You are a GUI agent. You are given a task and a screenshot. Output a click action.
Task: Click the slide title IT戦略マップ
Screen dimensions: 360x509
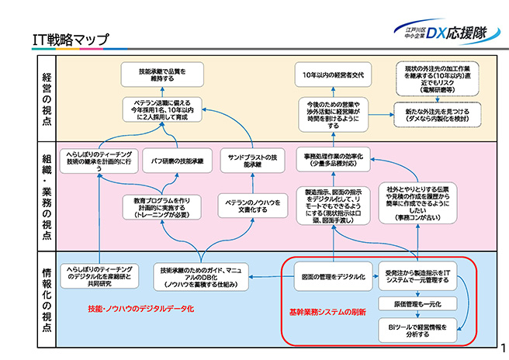71,39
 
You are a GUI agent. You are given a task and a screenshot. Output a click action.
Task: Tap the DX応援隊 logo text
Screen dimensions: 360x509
459,33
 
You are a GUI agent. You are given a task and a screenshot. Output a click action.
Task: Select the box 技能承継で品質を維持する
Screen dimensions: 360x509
164,75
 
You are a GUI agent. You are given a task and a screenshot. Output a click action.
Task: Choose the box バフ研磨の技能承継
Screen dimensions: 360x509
177,161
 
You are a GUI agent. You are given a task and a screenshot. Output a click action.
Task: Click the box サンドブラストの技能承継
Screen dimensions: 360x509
252,161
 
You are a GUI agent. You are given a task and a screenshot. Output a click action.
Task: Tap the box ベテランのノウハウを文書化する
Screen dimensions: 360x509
251,205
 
